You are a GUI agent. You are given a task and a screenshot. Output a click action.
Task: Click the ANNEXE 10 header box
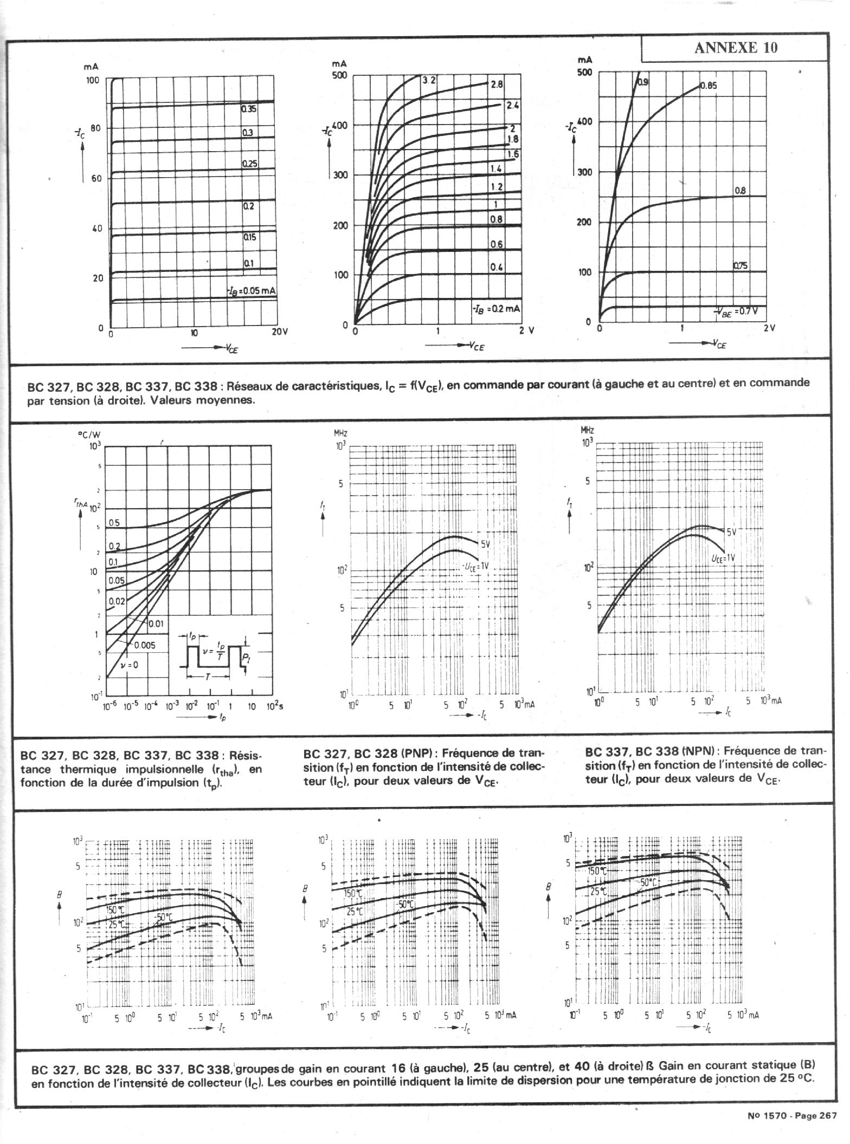coord(735,48)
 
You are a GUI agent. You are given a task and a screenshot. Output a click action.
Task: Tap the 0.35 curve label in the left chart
coord(249,108)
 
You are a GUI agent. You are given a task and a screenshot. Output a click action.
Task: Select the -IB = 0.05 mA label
coord(252,291)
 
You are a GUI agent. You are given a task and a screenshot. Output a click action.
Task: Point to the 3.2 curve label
coord(429,80)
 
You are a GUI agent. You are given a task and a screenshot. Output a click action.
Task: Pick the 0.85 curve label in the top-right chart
coord(709,85)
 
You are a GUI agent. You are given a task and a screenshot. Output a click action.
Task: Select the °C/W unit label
coord(89,434)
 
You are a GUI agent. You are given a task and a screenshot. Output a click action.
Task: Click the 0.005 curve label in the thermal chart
coord(144,645)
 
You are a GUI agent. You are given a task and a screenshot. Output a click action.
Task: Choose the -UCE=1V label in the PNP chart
coord(475,566)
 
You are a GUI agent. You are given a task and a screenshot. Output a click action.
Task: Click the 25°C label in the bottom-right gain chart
coord(598,890)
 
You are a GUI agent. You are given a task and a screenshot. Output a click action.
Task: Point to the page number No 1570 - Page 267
coord(790,1116)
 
